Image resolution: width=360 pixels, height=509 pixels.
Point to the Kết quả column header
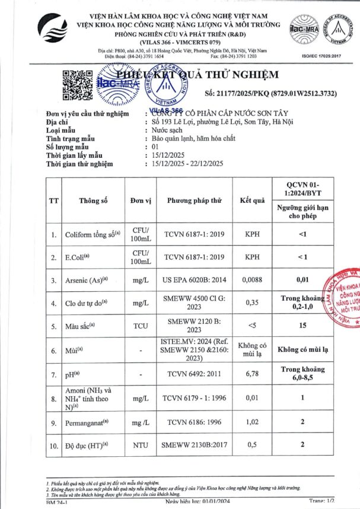click(251, 201)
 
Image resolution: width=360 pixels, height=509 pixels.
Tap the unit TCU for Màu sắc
click(140, 326)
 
